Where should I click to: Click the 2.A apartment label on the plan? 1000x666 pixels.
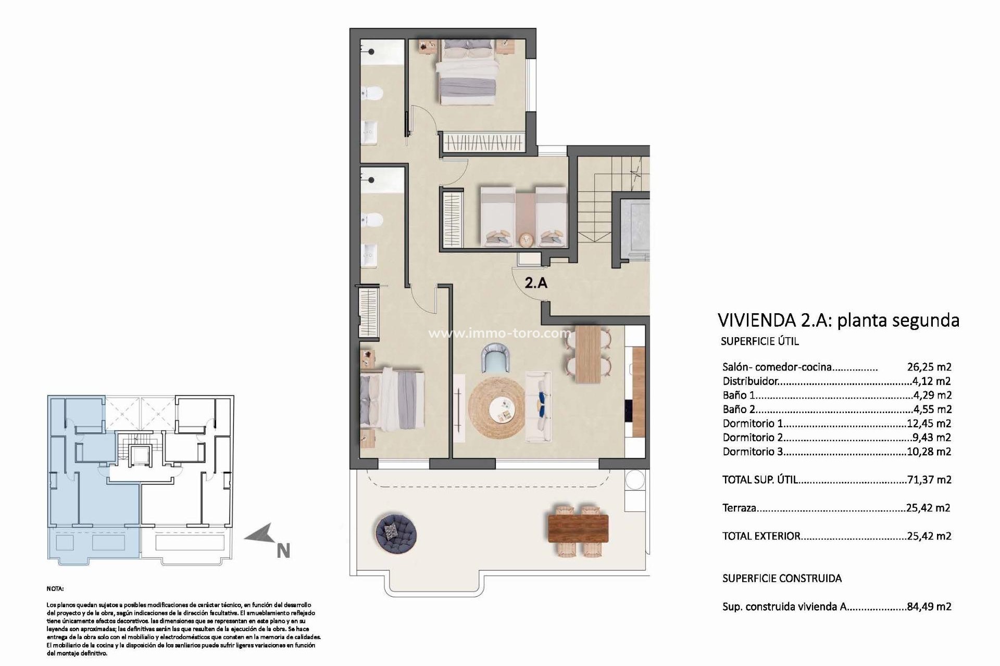[x=536, y=283]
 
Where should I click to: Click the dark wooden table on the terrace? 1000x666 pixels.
[x=578, y=528]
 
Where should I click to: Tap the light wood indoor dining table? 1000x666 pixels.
[x=588, y=354]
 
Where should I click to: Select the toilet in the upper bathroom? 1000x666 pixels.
[x=373, y=94]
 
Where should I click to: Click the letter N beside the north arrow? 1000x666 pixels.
[x=283, y=551]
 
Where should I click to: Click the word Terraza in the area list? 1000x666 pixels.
[x=739, y=508]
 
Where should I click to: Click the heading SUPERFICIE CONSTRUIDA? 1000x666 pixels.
[x=782, y=579]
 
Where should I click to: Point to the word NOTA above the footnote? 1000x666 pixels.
[x=55, y=589]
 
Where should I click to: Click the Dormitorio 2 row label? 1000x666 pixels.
[x=753, y=438]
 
